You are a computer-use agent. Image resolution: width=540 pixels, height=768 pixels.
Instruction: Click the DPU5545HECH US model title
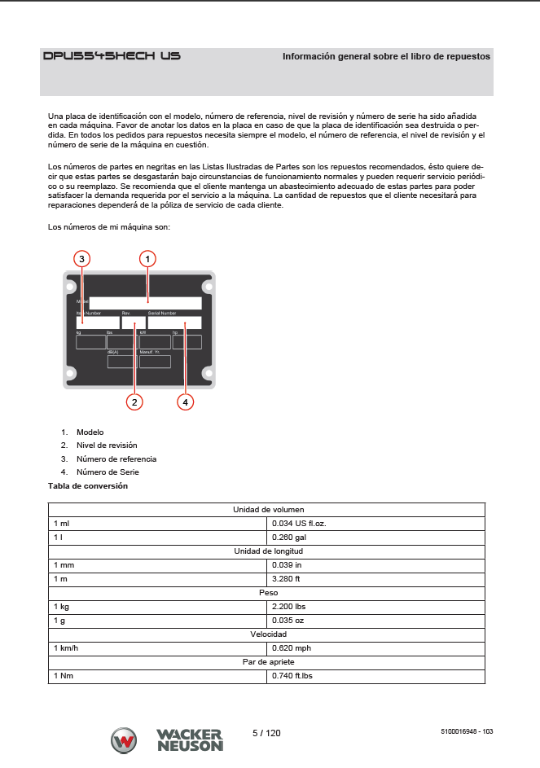coord(112,56)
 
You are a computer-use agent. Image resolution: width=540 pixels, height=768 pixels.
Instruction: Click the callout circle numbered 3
coord(81,259)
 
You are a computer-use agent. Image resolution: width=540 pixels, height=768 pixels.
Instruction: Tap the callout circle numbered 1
coord(147,259)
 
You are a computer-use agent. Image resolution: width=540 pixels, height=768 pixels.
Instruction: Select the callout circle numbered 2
coord(134,401)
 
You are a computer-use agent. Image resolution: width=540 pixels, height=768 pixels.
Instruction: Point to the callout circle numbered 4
coord(186,401)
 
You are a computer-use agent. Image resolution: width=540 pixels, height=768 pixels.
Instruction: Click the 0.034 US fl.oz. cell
coord(375,523)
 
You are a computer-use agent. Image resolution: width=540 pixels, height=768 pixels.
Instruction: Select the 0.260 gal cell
coord(375,538)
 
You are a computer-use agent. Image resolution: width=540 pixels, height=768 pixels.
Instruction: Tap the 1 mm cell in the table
coord(158,564)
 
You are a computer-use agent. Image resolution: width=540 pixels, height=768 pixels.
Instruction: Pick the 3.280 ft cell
coord(375,579)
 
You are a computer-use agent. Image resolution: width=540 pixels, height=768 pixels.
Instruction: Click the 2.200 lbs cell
coord(375,607)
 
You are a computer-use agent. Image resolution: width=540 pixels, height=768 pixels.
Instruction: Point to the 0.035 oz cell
coord(375,621)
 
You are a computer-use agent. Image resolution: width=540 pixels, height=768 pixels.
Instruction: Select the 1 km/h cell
coord(158,648)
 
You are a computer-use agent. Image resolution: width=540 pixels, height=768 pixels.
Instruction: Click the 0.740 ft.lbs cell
coord(375,676)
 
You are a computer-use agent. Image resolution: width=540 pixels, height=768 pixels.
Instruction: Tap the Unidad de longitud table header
coord(267,551)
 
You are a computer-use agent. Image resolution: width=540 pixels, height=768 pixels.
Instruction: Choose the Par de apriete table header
coord(267,662)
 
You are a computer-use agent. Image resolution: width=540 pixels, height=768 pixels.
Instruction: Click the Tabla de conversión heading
coord(88,486)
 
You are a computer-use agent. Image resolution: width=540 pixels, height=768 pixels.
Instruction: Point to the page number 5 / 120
coord(266,733)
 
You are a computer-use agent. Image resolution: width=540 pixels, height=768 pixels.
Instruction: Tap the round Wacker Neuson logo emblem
coord(124,741)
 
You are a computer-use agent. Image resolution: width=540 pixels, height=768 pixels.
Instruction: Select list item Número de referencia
coord(116,459)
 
